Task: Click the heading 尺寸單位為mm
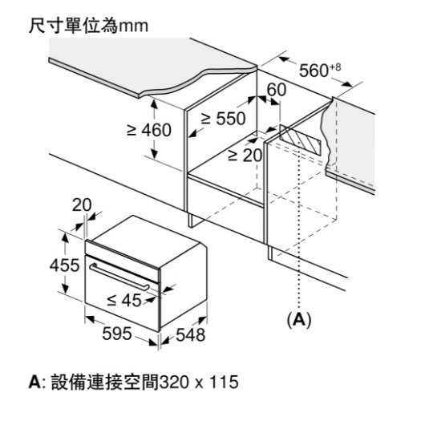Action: pyautogui.click(x=88, y=26)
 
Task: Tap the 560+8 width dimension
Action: pyautogui.click(x=319, y=70)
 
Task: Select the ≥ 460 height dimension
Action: pyautogui.click(x=149, y=130)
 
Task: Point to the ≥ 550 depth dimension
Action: pyautogui.click(x=222, y=118)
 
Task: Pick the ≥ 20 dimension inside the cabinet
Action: pyautogui.click(x=245, y=155)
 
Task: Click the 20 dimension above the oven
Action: pyautogui.click(x=81, y=205)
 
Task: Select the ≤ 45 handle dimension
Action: pyautogui.click(x=123, y=301)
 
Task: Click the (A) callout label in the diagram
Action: pyautogui.click(x=299, y=319)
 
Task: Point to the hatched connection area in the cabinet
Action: pyautogui.click(x=302, y=142)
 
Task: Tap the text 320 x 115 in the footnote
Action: pyautogui.click(x=198, y=382)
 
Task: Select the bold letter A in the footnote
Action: pyautogui.click(x=34, y=382)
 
